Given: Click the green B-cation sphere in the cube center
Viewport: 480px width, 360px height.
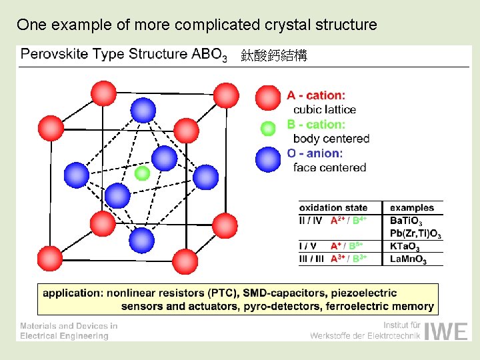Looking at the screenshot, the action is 142,173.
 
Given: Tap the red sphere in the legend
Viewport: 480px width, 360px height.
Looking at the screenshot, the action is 268,97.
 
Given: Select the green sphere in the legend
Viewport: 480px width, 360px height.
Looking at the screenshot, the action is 268,128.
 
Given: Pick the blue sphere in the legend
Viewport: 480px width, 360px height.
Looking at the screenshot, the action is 268,159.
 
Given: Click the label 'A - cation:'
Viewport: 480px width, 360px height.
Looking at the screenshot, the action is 316,95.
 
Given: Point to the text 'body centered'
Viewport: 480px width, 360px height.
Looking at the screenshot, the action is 331,139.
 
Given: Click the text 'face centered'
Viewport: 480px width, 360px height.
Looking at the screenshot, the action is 329,167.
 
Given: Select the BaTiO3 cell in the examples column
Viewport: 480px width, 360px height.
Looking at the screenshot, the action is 406,221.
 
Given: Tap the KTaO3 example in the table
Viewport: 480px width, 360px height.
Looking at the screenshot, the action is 405,247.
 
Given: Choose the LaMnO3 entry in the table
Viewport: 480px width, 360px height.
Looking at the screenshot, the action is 408,259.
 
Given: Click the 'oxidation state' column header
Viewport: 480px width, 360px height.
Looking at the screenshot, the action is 333,208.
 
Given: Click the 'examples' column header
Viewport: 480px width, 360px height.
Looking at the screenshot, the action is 411,208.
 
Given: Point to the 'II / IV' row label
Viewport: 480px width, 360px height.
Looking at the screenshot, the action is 311,220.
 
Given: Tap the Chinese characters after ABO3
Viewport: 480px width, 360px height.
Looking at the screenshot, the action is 274,56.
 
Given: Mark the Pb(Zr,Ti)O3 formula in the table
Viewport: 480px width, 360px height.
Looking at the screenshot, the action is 415,233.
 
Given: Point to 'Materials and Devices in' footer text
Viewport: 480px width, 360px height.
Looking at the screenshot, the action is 69,326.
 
